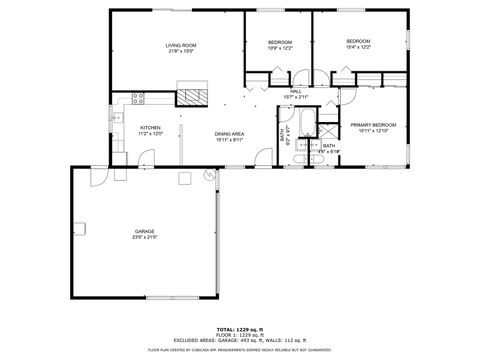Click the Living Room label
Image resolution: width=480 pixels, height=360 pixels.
pos(181,45)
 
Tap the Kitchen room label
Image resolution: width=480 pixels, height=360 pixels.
pos(150,128)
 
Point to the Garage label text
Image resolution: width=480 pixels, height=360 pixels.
pos(145,231)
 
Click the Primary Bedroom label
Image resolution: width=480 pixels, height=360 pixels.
pos(372,125)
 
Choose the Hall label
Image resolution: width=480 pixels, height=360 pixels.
pos(296,91)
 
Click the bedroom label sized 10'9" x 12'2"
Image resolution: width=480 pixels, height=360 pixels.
pos(279,41)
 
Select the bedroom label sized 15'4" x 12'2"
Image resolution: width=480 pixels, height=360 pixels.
pos(358,41)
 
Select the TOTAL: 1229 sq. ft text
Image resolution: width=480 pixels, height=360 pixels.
pos(239,328)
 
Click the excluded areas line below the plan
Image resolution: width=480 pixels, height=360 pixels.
pos(239,340)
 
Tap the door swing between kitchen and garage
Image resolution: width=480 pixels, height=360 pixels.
pos(145,156)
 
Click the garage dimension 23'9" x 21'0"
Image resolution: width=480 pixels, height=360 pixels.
pos(145,238)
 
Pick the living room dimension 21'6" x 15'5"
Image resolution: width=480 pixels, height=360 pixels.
pos(181,52)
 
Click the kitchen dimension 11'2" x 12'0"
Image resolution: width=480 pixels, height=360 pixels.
pos(150,134)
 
